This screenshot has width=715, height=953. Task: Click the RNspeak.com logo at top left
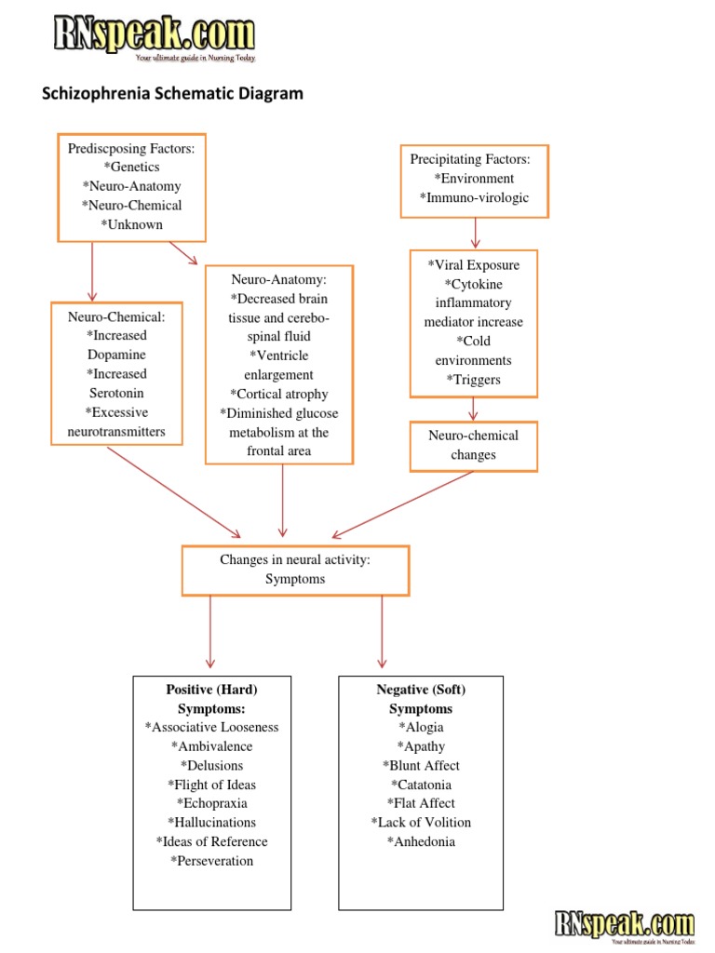pyautogui.click(x=153, y=37)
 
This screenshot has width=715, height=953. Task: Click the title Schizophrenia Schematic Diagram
pyautogui.click(x=173, y=94)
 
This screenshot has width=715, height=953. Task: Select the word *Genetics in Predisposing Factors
pyautogui.click(x=131, y=167)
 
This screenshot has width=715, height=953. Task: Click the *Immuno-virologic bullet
pyautogui.click(x=474, y=197)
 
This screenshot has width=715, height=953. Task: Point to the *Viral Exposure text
pyautogui.click(x=473, y=265)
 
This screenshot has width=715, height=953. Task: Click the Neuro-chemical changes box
pyautogui.click(x=473, y=445)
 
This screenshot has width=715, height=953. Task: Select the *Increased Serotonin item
pyautogui.click(x=116, y=383)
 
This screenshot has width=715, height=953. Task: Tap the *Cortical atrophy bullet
pyautogui.click(x=278, y=394)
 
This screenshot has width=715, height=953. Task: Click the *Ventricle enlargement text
pyautogui.click(x=278, y=365)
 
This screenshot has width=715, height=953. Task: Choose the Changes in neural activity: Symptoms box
pyautogui.click(x=295, y=570)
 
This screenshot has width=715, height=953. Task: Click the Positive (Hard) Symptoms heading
pyautogui.click(x=211, y=699)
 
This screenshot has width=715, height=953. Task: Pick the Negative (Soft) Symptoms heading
pyautogui.click(x=421, y=699)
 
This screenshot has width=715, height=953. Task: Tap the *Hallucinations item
pyautogui.click(x=211, y=823)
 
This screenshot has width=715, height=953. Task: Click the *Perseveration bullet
pyautogui.click(x=211, y=861)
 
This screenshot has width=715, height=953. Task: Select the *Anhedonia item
pyautogui.click(x=421, y=842)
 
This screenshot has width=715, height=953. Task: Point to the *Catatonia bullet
pyautogui.click(x=421, y=785)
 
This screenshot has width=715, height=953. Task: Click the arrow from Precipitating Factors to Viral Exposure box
pyautogui.click(x=476, y=233)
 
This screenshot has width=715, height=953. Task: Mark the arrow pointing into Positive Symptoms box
pyautogui.click(x=210, y=633)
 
